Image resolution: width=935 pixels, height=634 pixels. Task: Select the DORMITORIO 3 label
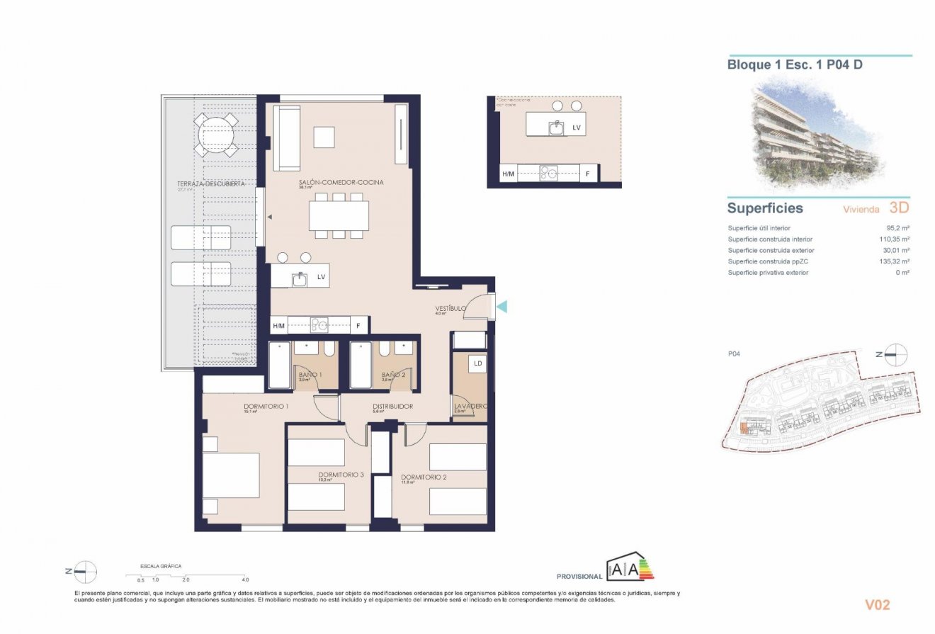click(341, 475)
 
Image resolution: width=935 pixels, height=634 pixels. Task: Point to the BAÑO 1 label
click(310, 375)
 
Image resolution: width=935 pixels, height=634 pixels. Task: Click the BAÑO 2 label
click(392, 375)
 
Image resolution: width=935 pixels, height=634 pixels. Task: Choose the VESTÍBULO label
click(450, 309)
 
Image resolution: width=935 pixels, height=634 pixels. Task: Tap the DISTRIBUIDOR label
click(393, 407)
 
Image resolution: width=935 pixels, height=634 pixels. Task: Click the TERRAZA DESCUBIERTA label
click(211, 183)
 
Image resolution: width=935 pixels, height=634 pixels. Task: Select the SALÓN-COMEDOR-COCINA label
click(341, 183)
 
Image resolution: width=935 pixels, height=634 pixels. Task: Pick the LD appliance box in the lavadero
click(478, 364)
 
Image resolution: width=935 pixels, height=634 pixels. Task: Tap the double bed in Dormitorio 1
click(231, 475)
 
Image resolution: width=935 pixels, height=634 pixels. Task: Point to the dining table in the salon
click(339, 215)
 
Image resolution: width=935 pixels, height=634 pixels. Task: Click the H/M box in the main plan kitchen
click(278, 326)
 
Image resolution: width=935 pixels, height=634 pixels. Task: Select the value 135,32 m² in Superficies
click(895, 261)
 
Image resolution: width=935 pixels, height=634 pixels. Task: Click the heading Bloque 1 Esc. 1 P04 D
click(794, 65)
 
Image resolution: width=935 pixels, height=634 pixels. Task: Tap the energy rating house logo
click(629, 567)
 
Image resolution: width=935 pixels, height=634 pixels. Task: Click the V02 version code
click(877, 605)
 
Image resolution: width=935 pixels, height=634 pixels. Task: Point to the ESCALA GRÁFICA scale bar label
click(161, 566)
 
